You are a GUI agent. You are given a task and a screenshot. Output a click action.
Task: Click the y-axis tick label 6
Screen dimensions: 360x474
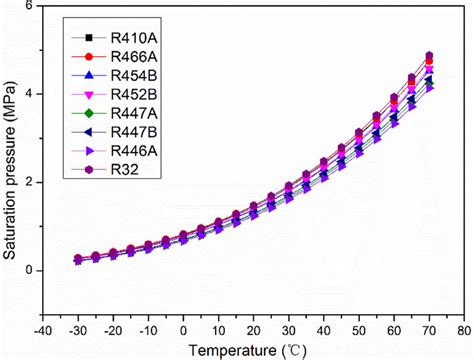pyautogui.click(x=29, y=6)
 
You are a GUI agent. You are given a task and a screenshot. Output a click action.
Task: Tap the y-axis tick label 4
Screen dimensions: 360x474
pyautogui.click(x=29, y=94)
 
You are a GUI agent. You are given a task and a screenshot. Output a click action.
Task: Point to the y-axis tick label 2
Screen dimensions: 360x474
pyautogui.click(x=29, y=182)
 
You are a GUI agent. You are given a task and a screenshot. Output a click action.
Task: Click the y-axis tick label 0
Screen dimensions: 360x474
pyautogui.click(x=29, y=270)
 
